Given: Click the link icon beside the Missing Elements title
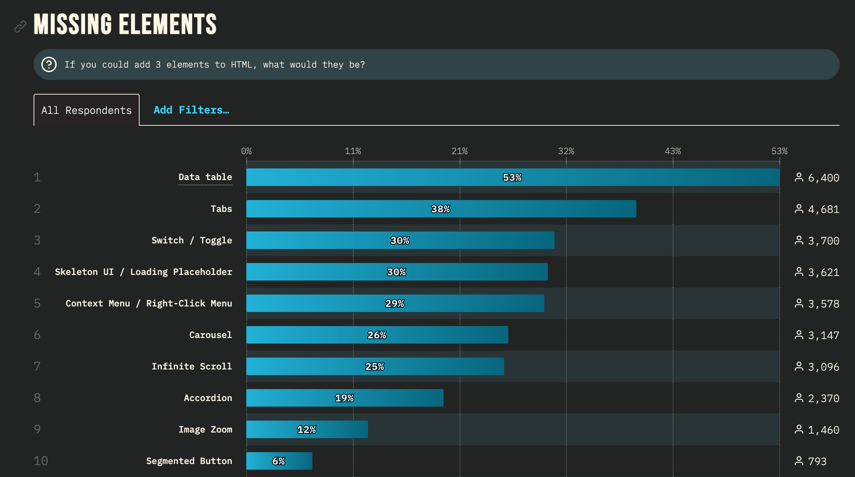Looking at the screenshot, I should point(20,27).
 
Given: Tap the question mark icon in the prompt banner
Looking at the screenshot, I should point(49,64).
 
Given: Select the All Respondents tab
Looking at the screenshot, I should point(86,110).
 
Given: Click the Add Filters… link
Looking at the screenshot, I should point(191,110).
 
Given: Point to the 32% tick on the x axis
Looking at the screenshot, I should point(566,151).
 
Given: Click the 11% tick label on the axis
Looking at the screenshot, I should point(353,151).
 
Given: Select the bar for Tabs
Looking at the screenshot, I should point(441,209).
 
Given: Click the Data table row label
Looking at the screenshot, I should point(205,177).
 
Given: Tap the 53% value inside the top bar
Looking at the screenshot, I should point(512,178).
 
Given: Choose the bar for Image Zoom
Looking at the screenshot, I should point(307,429).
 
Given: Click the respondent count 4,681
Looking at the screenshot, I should point(823,209).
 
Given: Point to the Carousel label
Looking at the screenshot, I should point(210,335).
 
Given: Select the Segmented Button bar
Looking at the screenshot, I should point(279,461).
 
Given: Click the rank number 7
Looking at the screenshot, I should point(37,366).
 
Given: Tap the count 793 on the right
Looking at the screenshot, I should point(817,461).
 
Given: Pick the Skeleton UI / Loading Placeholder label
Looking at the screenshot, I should point(143,272).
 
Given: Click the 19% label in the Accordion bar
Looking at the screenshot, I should point(344,398).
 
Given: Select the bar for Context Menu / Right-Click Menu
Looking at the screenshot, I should point(395,303).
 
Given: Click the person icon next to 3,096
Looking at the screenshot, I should point(799,366).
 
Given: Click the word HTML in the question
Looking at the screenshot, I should point(241,65).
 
